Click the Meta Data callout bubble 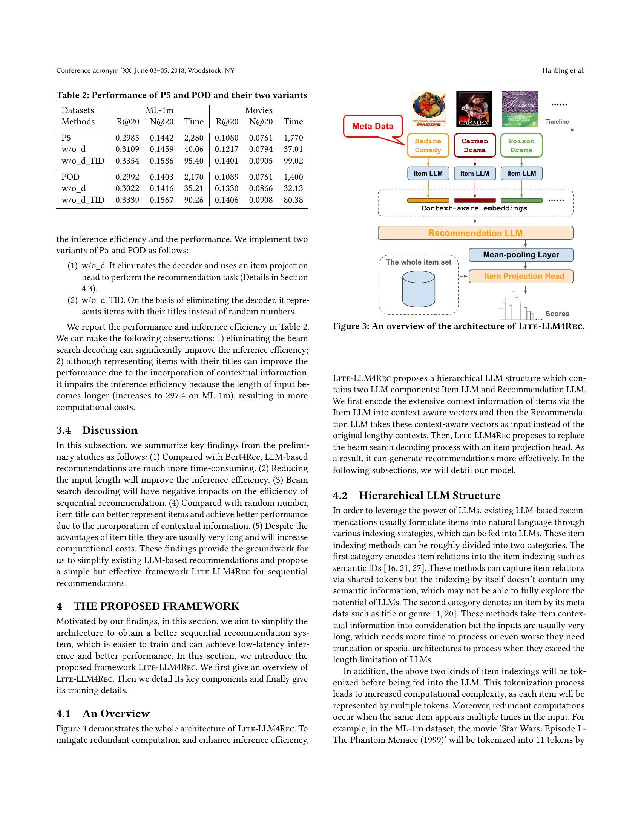point(373,126)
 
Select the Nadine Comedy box point(428,145)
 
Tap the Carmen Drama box point(475,145)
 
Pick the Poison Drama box point(521,145)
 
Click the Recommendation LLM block point(475,233)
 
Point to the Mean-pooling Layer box point(521,255)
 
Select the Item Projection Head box point(521,276)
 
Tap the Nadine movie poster point(429,109)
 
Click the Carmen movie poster point(474,109)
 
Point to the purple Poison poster point(520,109)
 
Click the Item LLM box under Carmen point(475,173)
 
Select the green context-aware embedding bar point(521,200)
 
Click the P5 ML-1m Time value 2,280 point(194,138)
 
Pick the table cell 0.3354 point(127,161)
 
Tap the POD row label point(71,177)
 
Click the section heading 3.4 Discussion point(97,430)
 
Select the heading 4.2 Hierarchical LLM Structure point(417,496)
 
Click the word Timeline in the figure point(557,121)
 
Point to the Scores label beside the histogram point(557,314)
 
